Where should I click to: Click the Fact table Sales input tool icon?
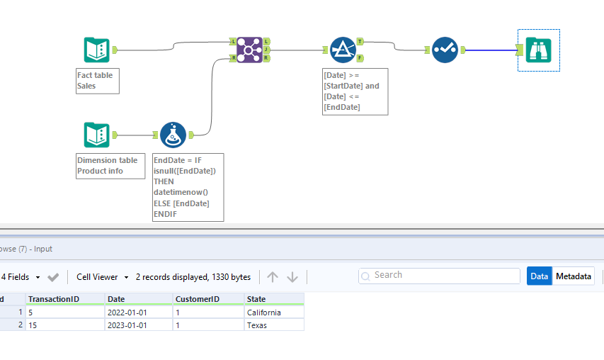click(x=96, y=50)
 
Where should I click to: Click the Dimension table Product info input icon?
click(x=96, y=135)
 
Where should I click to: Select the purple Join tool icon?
click(x=250, y=50)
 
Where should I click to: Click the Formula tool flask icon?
click(x=173, y=135)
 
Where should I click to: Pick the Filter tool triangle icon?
click(x=343, y=50)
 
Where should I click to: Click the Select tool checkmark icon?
click(x=445, y=50)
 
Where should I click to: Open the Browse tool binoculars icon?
click(x=539, y=50)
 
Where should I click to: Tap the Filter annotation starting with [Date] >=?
click(x=355, y=91)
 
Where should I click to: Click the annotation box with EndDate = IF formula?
click(x=188, y=187)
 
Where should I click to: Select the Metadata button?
click(x=574, y=276)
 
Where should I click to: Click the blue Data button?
click(x=539, y=276)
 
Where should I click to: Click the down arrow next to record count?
click(x=292, y=277)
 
